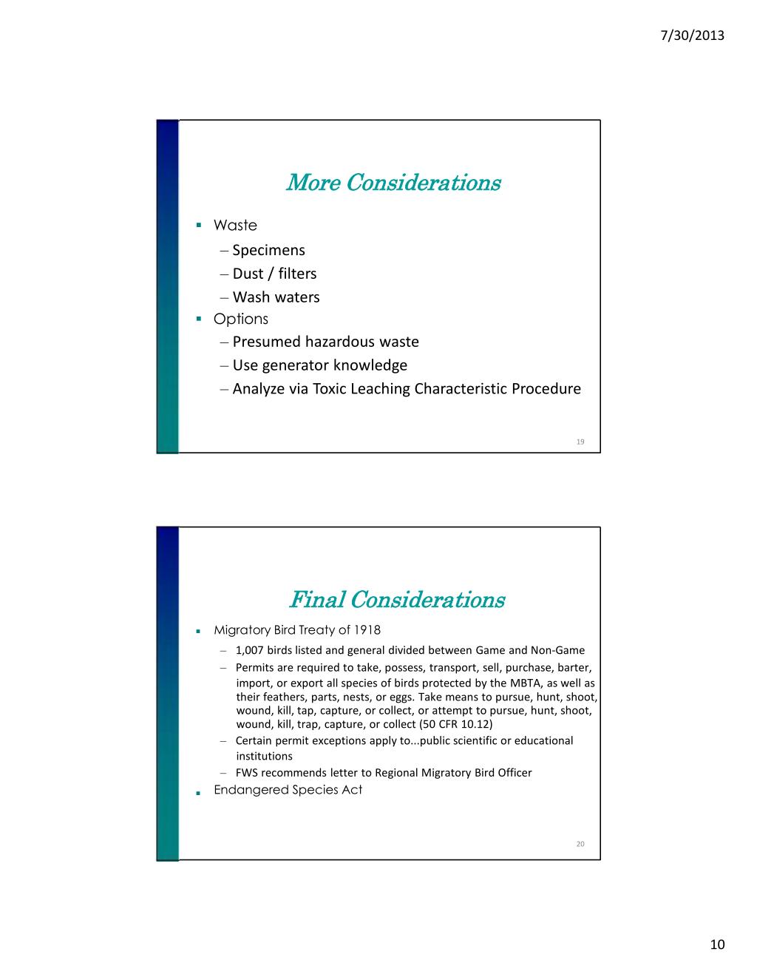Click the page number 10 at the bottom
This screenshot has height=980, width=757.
(717, 944)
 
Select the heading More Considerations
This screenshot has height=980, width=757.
(393, 182)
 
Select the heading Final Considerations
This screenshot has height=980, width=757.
(396, 599)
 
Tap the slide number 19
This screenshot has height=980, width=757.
(580, 442)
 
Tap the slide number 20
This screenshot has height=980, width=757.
(580, 844)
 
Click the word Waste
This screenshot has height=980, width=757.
(235, 225)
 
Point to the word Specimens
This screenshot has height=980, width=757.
(268, 250)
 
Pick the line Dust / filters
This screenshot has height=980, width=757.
(274, 274)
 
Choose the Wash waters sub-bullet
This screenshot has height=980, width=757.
(276, 297)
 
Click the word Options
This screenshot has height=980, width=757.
(241, 319)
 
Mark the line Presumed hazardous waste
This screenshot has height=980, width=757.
(325, 342)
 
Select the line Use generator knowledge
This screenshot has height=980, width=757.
(319, 365)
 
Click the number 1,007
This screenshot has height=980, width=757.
(250, 651)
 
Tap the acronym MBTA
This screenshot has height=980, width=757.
(526, 683)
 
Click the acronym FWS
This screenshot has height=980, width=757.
(247, 773)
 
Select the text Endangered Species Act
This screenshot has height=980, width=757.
(288, 790)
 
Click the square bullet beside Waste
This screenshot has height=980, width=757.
(199, 225)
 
